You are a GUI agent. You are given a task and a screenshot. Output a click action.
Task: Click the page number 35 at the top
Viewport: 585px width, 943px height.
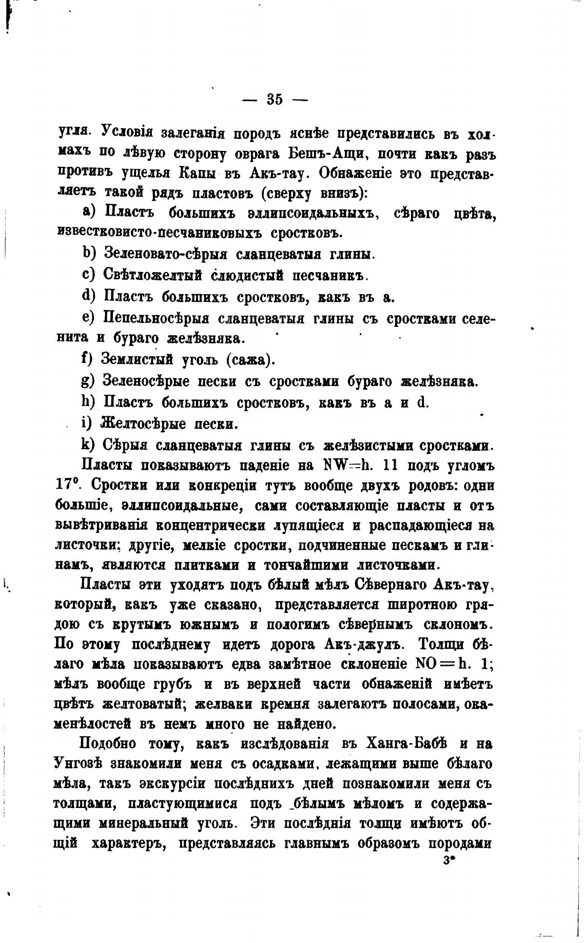point(275,99)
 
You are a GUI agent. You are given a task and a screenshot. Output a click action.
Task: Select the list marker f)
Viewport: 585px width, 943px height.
point(87,358)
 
